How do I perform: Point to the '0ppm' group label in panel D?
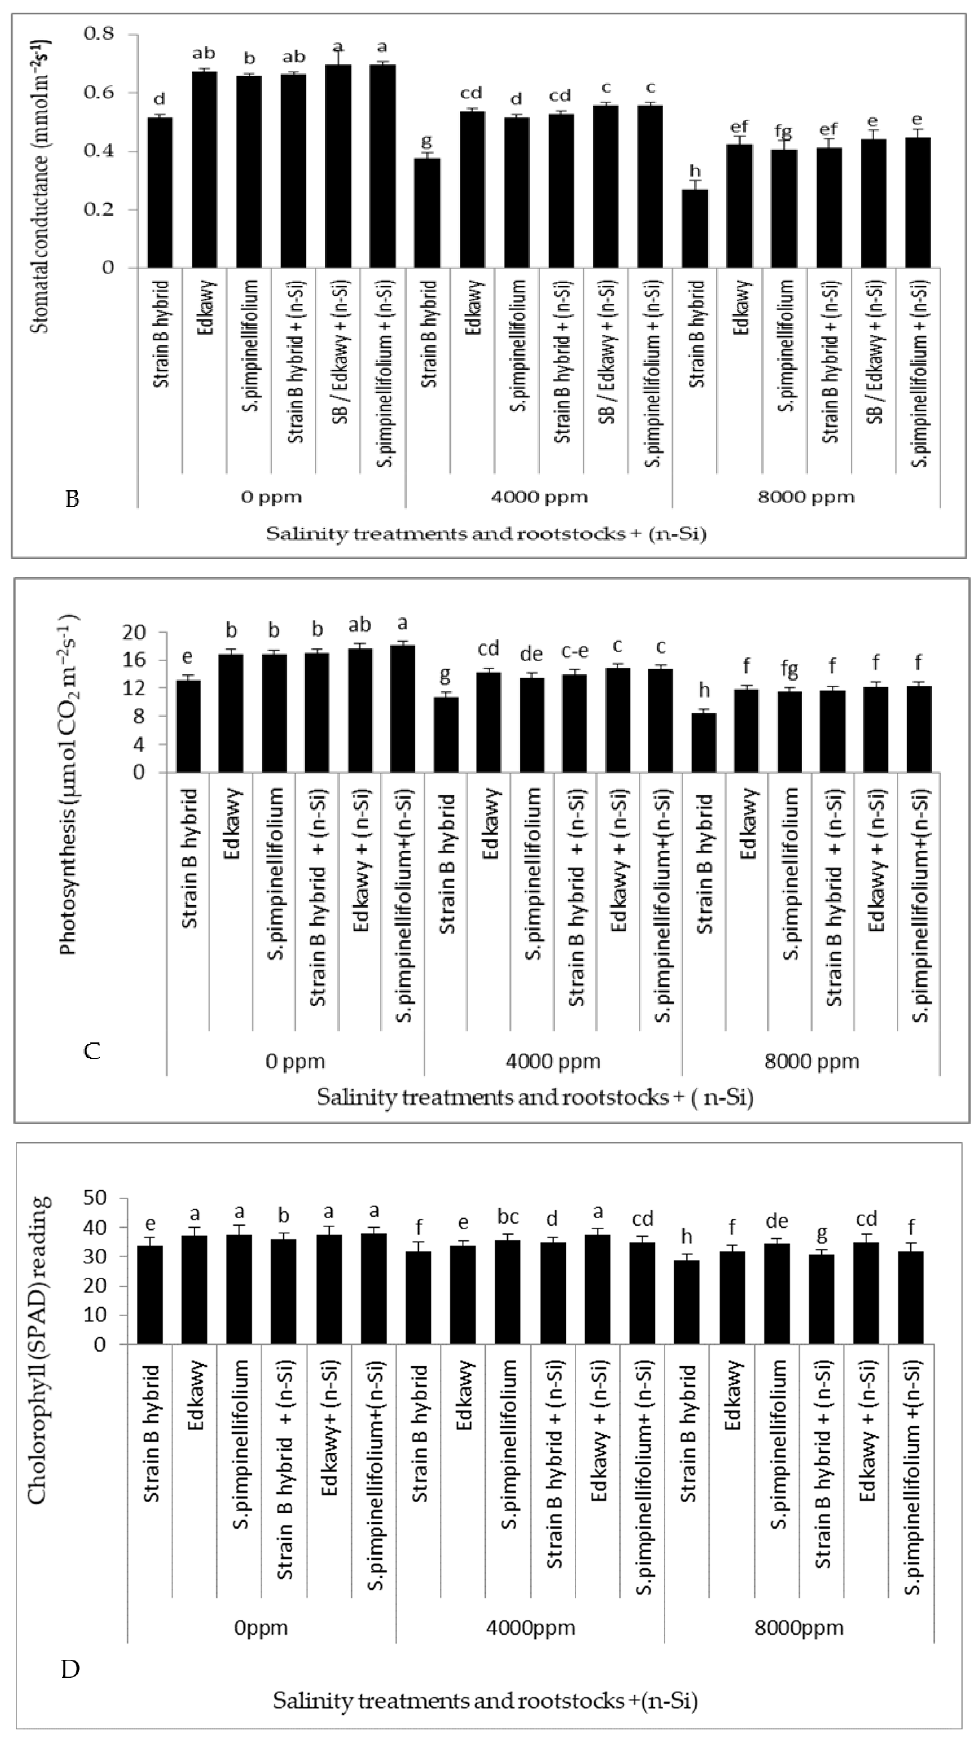[x=261, y=1627]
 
